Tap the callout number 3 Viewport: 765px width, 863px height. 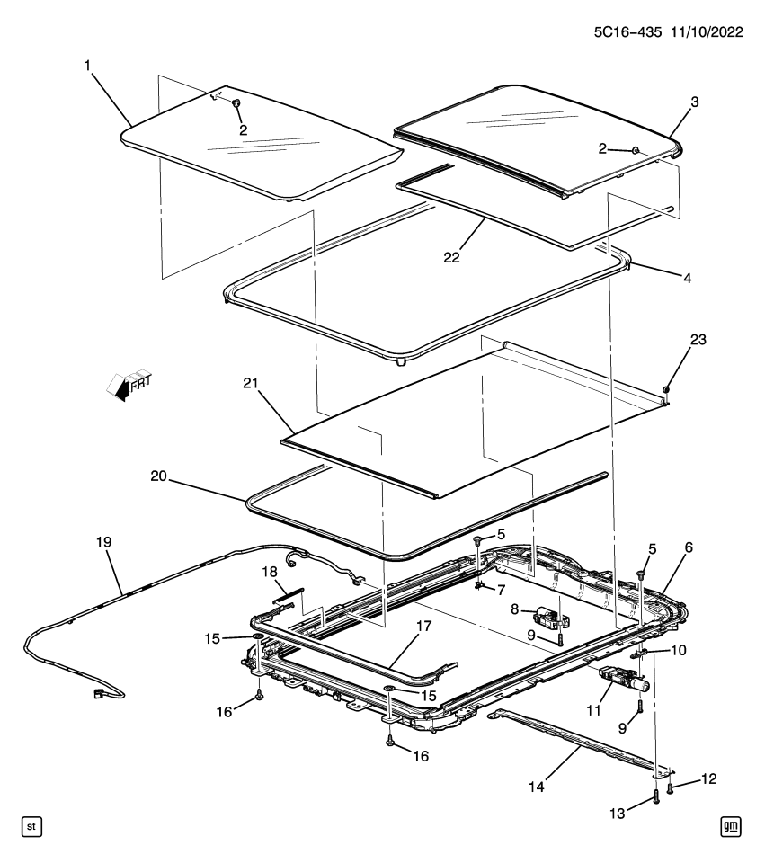click(x=694, y=102)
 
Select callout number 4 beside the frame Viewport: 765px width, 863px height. click(x=687, y=279)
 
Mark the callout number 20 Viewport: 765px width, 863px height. click(x=158, y=476)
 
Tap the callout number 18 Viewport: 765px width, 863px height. click(x=269, y=573)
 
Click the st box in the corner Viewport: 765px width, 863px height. click(x=29, y=825)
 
